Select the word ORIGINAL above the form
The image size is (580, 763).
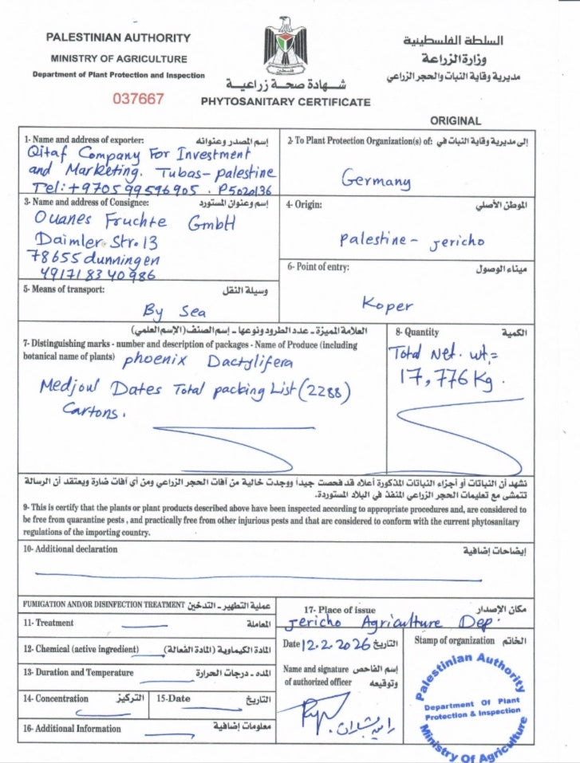point(456,121)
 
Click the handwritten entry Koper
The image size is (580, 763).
point(388,304)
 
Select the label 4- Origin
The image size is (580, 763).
point(304,205)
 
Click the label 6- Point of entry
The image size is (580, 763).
point(318,267)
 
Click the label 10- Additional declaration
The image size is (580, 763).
point(70,549)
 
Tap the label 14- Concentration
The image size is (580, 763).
point(56,698)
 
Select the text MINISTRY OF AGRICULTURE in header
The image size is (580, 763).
point(119,59)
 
